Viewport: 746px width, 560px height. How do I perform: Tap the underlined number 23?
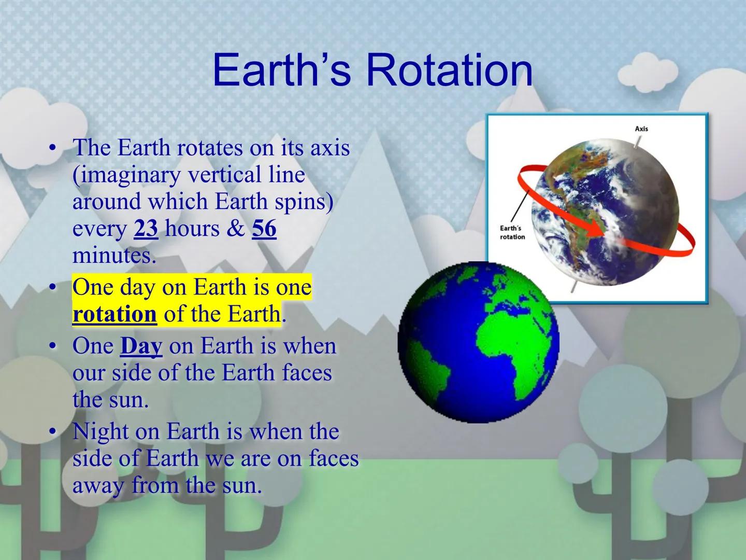click(146, 229)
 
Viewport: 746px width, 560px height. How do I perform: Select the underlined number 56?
click(264, 229)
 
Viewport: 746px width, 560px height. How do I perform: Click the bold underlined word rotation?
click(114, 314)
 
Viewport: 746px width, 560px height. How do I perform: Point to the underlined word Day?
click(141, 346)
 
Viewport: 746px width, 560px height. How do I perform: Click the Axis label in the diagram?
click(641, 129)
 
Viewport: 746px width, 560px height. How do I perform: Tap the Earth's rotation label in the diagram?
click(512, 233)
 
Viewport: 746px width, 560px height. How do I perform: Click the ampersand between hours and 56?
click(236, 229)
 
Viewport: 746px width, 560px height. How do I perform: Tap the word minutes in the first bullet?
click(113, 256)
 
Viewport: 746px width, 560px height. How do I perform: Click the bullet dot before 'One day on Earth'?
click(52, 288)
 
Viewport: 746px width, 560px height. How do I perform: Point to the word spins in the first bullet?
click(304, 202)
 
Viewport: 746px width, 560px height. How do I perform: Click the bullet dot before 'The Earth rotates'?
click(52, 148)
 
